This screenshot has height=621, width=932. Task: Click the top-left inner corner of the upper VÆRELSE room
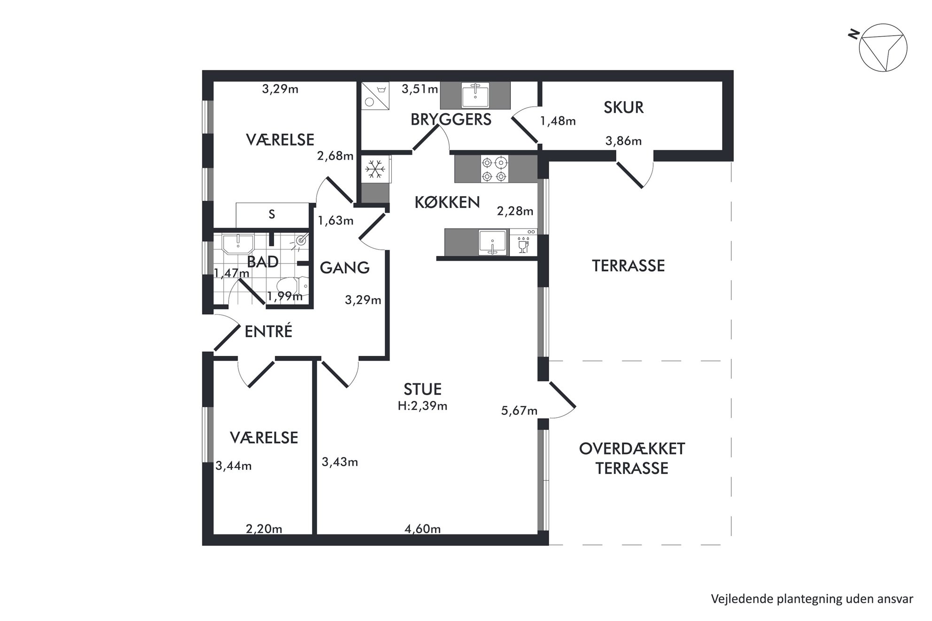pos(214,82)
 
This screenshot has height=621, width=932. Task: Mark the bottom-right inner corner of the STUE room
pos(538,534)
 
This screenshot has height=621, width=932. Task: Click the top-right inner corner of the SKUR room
pos(722,82)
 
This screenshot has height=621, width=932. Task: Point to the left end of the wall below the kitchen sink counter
pos(437,258)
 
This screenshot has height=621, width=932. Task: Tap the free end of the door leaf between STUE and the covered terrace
pos(574,406)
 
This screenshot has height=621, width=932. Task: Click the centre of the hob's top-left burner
pos(487,162)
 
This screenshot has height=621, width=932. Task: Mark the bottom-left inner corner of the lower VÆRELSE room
pos(214,534)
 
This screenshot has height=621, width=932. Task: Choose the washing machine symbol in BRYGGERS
pos(375,96)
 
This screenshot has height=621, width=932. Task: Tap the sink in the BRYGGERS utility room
pos(475,95)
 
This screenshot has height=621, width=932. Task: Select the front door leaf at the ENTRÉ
pos(227,337)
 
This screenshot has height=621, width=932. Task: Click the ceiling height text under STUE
pos(422,406)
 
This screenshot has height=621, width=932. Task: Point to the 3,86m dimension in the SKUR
pos(623,141)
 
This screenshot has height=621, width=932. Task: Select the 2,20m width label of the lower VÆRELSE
pos(264,529)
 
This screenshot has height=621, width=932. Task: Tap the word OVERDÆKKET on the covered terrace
pos(632,449)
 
